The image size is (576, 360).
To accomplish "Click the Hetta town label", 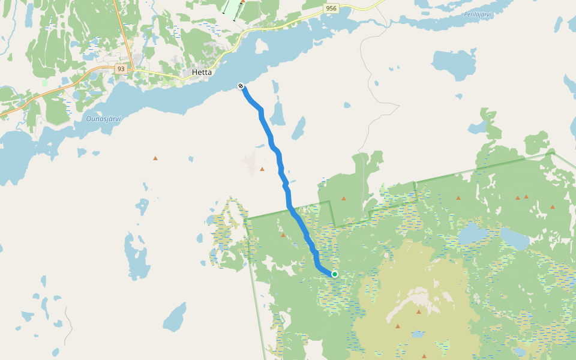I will (202, 73).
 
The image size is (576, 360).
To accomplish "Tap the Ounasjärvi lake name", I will (103, 119).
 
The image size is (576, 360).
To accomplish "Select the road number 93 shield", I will (121, 69).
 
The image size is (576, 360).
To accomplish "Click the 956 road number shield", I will (331, 8).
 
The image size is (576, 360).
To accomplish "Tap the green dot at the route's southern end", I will (335, 274).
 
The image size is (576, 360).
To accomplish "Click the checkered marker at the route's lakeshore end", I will (241, 86).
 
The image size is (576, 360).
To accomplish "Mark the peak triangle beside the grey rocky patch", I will (262, 169).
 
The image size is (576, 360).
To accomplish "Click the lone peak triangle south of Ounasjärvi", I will (155, 158).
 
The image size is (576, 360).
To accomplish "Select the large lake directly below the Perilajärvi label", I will (454, 64).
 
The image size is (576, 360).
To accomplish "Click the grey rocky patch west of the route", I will (250, 162).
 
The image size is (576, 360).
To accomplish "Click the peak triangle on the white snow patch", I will (418, 312).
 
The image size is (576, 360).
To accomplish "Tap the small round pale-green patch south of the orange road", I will (44, 82).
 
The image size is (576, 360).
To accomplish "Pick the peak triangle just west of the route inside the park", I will (283, 235).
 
